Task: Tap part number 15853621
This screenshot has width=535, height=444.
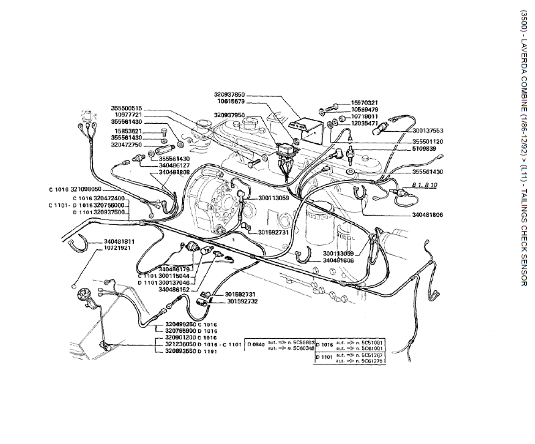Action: pos(127,131)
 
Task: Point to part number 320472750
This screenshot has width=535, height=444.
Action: pos(127,145)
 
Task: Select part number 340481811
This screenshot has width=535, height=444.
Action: pos(119,241)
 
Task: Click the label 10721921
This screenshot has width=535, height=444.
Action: pos(117,248)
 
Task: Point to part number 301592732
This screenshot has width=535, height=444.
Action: pos(242,301)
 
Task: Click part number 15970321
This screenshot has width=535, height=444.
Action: pos(365,102)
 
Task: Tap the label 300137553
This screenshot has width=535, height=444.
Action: pos(429,131)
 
